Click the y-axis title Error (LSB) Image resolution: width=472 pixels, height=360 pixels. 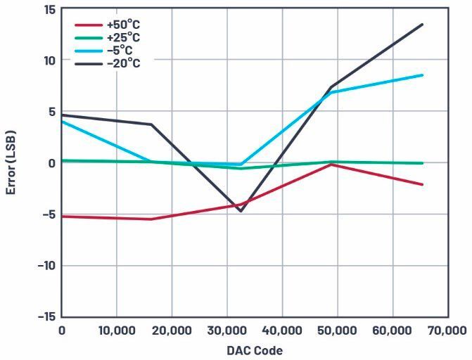click(x=11, y=162)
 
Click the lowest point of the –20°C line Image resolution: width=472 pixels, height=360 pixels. click(x=241, y=211)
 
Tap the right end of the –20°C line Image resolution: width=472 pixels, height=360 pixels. click(x=422, y=25)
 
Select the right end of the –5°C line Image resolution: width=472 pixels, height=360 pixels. click(x=422, y=75)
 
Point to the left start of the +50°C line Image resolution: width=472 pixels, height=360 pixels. click(x=62, y=217)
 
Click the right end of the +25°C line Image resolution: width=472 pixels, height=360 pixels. click(x=422, y=163)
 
